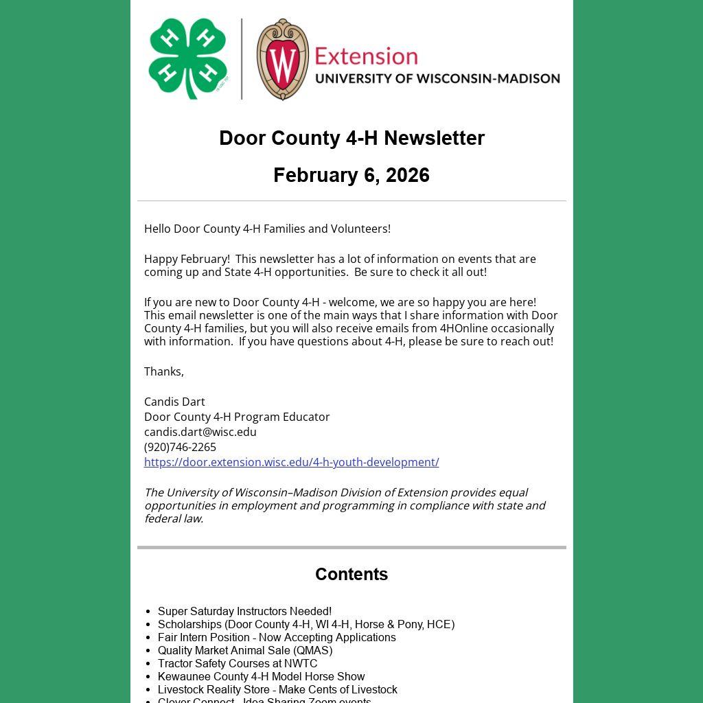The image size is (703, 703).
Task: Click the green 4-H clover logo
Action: click(187, 59)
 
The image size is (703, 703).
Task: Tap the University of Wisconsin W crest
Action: click(282, 60)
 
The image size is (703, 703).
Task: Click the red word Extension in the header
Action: click(366, 56)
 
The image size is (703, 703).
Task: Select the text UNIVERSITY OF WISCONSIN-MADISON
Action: click(437, 78)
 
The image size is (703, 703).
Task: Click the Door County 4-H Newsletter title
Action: click(351, 138)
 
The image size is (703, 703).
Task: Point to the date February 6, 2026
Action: click(351, 175)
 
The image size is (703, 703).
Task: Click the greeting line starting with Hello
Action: click(267, 229)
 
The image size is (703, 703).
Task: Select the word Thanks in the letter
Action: click(163, 371)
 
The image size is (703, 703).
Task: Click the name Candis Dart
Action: click(174, 402)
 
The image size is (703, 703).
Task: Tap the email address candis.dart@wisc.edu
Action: click(200, 432)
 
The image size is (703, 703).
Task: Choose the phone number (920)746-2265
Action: click(180, 447)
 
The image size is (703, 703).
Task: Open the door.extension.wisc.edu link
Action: click(291, 462)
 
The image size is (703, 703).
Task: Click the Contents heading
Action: click(351, 574)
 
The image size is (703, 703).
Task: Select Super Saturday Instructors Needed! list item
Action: click(244, 611)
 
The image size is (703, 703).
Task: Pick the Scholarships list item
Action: click(306, 624)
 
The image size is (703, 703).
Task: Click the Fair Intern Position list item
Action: click(277, 637)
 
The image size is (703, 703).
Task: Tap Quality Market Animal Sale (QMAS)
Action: click(245, 650)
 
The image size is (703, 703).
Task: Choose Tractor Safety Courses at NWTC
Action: click(238, 663)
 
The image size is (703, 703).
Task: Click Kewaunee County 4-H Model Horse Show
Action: click(261, 676)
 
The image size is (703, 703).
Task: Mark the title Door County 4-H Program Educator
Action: click(237, 417)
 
